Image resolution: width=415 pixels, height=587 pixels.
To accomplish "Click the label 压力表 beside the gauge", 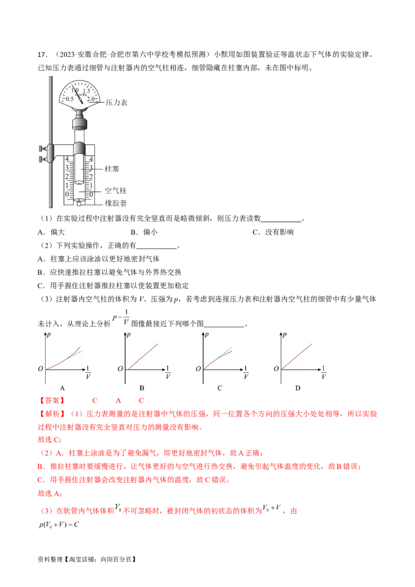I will click(x=116, y=103).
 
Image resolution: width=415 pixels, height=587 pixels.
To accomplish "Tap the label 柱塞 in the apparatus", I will click(x=112, y=169).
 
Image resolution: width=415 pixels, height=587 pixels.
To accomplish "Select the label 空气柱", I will click(x=115, y=191).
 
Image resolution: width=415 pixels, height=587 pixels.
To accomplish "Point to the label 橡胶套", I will click(x=116, y=203).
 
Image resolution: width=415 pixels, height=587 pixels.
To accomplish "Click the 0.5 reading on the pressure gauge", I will click(x=70, y=99).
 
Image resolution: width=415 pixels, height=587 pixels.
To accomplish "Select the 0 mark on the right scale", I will click(x=91, y=194).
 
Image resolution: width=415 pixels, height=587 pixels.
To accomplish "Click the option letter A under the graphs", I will click(x=62, y=388).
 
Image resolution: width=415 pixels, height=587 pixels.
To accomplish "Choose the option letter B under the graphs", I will click(x=142, y=388).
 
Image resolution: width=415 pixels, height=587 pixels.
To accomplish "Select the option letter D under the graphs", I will click(x=298, y=388).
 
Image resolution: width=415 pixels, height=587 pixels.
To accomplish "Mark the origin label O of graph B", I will click(x=120, y=369).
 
